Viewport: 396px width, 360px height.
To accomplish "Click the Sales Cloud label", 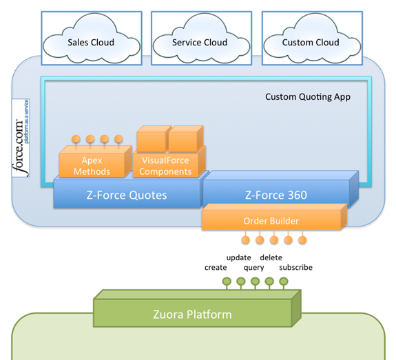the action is click(x=91, y=43).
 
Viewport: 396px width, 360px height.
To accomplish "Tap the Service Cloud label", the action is click(x=200, y=43).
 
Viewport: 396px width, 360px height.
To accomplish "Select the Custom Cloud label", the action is click(x=311, y=43).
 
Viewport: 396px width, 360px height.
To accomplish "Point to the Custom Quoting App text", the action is click(x=308, y=97).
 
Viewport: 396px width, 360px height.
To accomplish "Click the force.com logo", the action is click(x=21, y=138).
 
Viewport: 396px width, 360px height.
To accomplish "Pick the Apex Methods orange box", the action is click(x=96, y=161).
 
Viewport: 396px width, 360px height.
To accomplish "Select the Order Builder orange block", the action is click(x=274, y=217).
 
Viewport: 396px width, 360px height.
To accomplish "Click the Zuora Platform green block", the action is click(x=197, y=308).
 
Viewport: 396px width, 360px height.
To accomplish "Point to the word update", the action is click(x=239, y=257).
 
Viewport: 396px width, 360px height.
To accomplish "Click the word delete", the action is click(x=271, y=257).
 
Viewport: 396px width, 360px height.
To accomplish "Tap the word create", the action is click(x=216, y=267).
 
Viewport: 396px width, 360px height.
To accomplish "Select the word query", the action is click(x=254, y=268).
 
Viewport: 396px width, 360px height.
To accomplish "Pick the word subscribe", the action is click(x=295, y=267).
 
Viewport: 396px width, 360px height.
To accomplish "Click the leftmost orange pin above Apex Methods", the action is click(x=76, y=139).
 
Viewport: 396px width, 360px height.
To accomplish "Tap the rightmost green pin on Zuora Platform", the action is click(x=284, y=282).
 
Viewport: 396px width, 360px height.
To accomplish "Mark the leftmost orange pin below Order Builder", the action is click(x=245, y=240).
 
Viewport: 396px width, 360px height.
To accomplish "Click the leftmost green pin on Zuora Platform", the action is click(x=227, y=282).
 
